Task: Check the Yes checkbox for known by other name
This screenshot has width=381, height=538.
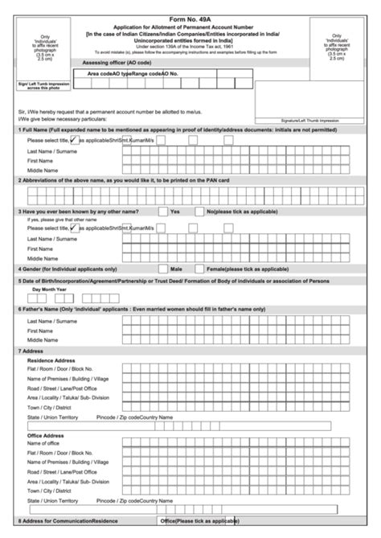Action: (x=163, y=211)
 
